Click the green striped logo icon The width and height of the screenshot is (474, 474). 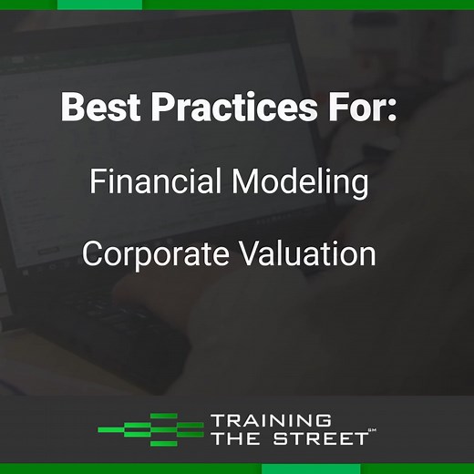pyautogui.click(x=150, y=429)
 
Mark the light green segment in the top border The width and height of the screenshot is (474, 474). pyautogui.click(x=99, y=5)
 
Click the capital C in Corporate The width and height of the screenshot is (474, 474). pyautogui.click(x=93, y=253)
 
